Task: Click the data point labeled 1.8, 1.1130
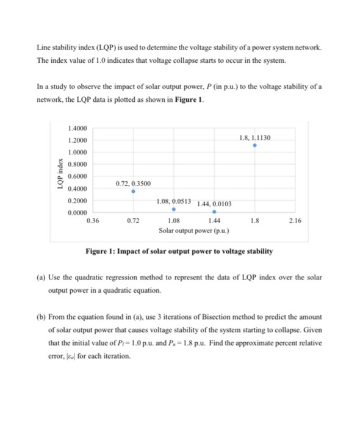point(255,146)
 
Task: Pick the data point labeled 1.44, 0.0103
point(214,212)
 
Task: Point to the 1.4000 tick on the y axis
point(79,128)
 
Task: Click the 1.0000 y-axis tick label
point(79,152)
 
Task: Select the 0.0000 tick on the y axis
point(79,212)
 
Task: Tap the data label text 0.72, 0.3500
point(133,183)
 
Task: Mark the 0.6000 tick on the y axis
point(79,176)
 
